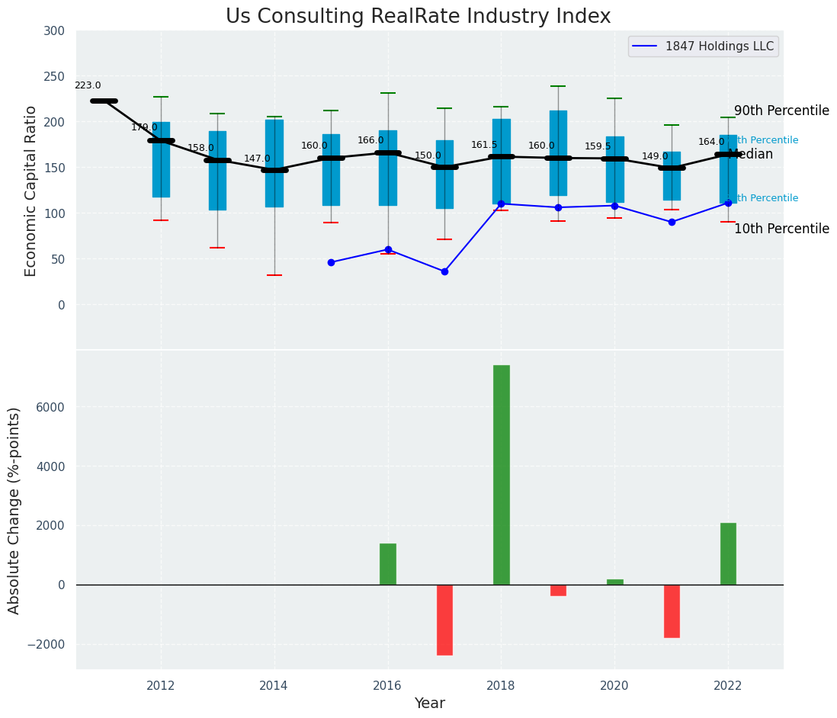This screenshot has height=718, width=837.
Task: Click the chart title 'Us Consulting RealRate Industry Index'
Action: (418, 17)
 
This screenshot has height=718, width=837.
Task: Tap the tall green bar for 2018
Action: (501, 474)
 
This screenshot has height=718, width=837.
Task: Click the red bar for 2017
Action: (444, 620)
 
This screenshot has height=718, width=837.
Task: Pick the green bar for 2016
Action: (388, 564)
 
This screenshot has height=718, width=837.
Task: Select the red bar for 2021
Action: (672, 611)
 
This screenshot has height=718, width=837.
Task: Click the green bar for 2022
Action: (728, 553)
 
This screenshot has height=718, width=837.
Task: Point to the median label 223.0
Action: (88, 86)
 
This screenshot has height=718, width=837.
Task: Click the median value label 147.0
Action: (257, 159)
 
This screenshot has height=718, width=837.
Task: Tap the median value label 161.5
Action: (484, 145)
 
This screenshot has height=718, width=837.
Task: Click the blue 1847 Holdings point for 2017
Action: (444, 271)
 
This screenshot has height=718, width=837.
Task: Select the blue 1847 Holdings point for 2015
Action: (331, 262)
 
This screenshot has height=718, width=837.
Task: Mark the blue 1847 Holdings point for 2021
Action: (672, 222)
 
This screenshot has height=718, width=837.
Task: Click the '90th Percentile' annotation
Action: (781, 111)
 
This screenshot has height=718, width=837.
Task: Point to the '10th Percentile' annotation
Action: (781, 229)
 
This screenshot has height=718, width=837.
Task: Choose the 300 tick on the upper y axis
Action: (60, 31)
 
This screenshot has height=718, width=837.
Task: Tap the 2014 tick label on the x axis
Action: (274, 685)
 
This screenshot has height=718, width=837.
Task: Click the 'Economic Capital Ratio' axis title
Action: (31, 191)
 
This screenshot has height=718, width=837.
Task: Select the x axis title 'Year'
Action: (429, 704)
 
